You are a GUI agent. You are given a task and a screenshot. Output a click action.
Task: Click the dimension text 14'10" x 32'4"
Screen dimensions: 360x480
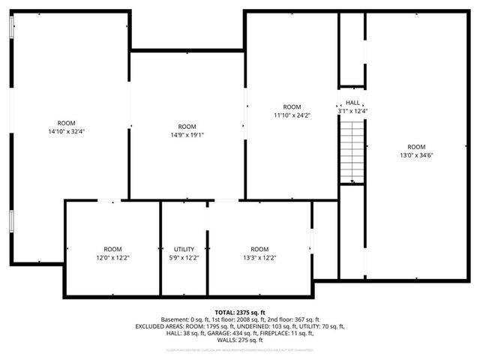(66, 131)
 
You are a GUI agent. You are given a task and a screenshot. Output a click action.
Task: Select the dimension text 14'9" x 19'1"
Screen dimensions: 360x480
(187, 136)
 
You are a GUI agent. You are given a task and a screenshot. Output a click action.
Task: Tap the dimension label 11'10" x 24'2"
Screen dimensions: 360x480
(292, 115)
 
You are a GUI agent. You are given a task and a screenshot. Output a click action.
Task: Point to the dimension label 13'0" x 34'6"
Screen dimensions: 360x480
(415, 156)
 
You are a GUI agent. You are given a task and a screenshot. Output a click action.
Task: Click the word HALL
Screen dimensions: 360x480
(352, 103)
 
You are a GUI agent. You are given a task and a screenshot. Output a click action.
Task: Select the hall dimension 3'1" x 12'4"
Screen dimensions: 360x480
(352, 111)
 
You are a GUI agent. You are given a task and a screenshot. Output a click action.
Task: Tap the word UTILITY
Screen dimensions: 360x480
(184, 249)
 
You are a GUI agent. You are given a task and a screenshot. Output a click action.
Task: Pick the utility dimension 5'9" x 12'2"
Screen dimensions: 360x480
(184, 258)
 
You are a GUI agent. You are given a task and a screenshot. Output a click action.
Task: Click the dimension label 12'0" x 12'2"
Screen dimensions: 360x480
(112, 258)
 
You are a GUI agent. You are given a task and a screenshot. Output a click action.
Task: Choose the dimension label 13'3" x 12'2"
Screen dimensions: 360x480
(259, 258)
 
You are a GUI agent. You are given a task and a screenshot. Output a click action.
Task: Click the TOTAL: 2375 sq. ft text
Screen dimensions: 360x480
(240, 312)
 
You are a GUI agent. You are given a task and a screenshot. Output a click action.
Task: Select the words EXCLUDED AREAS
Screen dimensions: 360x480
(160, 326)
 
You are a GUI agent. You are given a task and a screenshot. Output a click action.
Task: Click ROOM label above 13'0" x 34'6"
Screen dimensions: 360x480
(415, 147)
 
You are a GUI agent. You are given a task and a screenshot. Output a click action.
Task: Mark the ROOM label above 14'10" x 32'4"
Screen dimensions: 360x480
(66, 122)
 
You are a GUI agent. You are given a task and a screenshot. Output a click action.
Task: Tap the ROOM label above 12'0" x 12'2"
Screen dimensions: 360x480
(112, 249)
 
